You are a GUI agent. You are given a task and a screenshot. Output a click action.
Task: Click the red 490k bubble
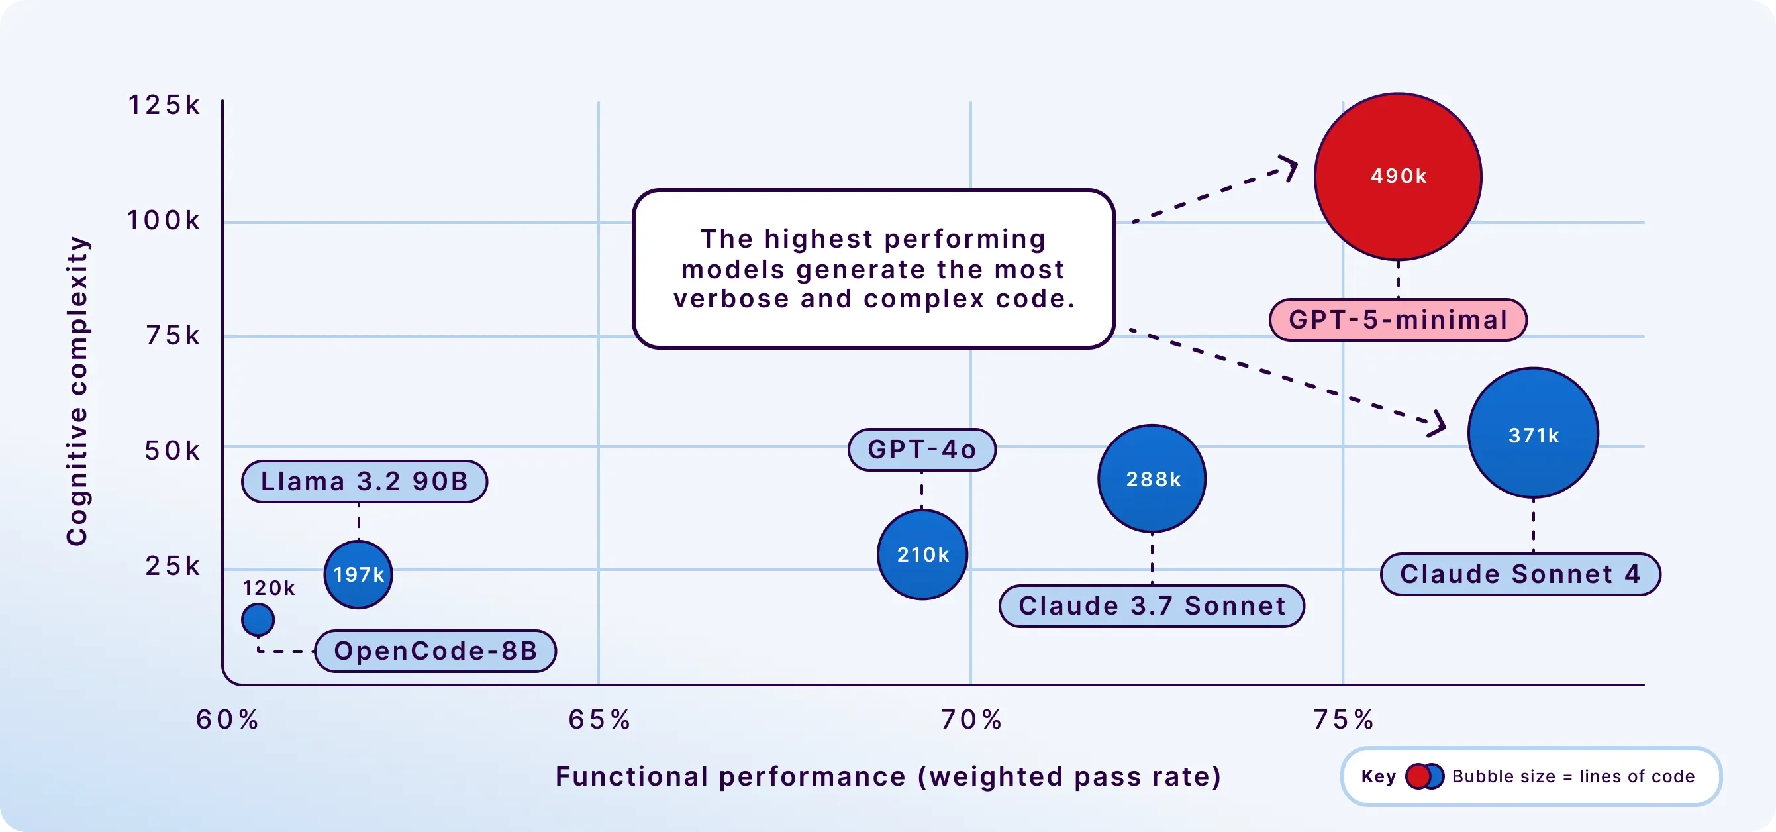point(1398,177)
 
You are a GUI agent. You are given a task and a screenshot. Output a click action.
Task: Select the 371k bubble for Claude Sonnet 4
point(1534,433)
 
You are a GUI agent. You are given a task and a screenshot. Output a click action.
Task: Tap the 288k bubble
point(1152,478)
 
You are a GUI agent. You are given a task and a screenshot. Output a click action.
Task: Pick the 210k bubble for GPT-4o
point(922,554)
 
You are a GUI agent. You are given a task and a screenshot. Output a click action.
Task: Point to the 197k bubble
point(358,574)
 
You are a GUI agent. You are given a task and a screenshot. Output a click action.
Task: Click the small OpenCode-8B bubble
point(258,619)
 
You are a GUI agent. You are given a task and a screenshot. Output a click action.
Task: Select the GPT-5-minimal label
point(1398,319)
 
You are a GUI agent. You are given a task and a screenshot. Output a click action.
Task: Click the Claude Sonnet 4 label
point(1520,574)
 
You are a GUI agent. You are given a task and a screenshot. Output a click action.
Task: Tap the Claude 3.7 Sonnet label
point(1152,605)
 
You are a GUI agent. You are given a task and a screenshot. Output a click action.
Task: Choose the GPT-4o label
point(922,450)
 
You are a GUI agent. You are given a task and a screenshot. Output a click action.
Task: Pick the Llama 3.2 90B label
point(365,482)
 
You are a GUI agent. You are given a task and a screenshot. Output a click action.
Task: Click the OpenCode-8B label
point(436,650)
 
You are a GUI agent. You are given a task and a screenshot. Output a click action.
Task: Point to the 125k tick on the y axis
point(164,105)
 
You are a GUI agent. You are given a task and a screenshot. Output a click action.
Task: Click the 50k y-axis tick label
point(172,450)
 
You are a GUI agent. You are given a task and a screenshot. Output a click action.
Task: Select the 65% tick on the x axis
point(599,719)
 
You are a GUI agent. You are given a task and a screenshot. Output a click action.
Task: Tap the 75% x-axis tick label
point(1343,719)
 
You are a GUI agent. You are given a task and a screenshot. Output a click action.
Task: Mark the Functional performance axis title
point(888,777)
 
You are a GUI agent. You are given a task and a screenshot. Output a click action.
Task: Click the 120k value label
point(268,588)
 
